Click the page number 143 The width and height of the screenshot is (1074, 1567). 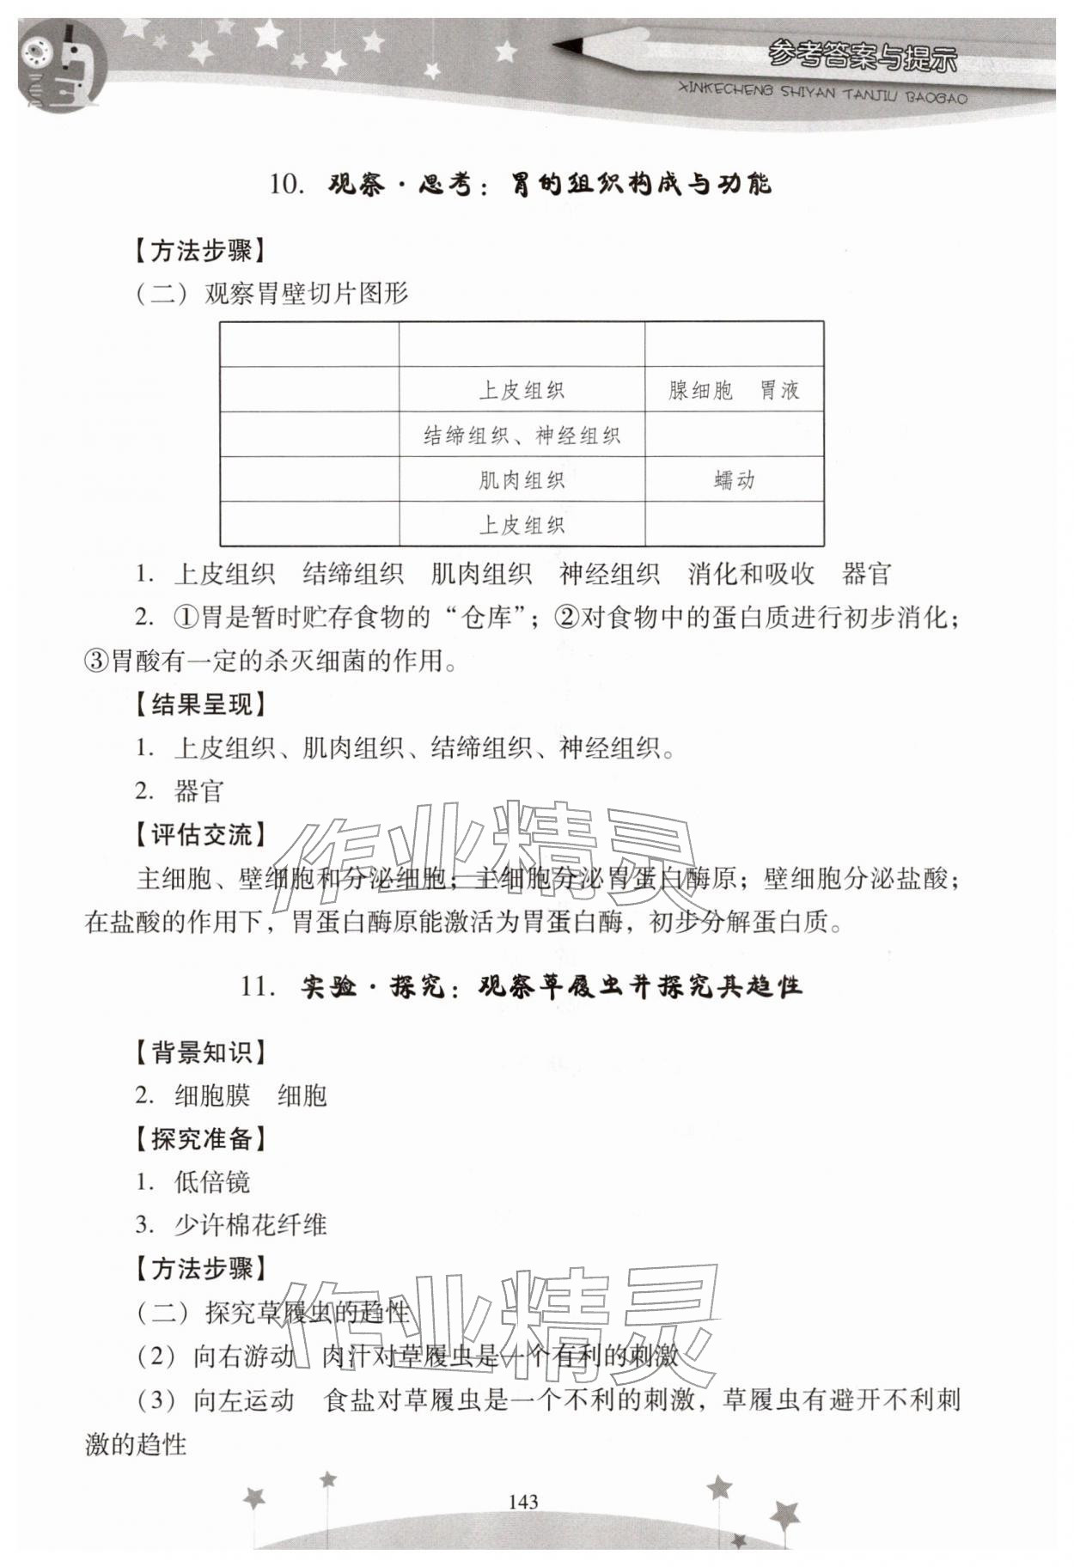(522, 1501)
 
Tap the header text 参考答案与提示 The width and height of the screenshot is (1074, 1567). (862, 57)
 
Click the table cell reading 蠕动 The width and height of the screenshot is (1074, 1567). (734, 479)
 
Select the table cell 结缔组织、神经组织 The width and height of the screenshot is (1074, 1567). (522, 435)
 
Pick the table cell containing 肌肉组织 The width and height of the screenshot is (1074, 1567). (522, 479)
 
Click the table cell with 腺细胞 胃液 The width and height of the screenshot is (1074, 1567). (734, 390)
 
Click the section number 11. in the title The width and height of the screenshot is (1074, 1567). (258, 985)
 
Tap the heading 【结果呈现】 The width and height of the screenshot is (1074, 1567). (200, 704)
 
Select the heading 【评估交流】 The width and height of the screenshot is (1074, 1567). (200, 834)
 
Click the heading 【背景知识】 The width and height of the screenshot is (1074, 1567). (200, 1052)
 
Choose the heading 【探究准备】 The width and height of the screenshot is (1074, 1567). (200, 1138)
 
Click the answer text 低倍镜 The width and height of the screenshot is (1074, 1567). (212, 1182)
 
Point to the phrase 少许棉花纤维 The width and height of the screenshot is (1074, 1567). (250, 1225)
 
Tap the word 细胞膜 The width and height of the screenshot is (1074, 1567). (212, 1095)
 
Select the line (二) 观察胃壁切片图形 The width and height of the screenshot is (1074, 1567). (272, 294)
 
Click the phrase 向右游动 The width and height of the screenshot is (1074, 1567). (243, 1356)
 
